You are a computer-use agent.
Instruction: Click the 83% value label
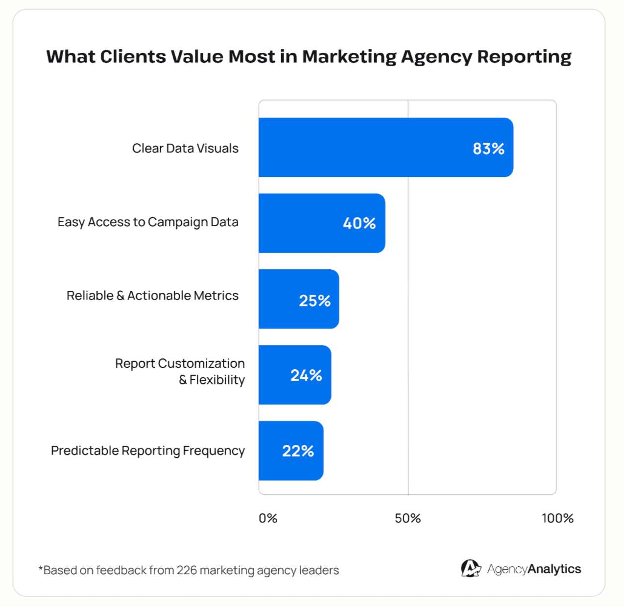[488, 149]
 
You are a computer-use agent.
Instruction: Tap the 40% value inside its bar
[359, 224]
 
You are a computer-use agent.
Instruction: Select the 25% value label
[314, 301]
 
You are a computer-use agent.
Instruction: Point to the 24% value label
[306, 376]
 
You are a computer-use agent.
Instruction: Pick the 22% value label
[298, 451]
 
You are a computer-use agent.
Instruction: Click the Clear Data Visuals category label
[185, 149]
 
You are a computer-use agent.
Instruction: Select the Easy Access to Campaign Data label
[148, 222]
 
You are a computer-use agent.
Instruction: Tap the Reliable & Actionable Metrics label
[152, 296]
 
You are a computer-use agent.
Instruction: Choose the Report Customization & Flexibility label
[180, 371]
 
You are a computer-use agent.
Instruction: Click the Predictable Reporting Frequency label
[148, 451]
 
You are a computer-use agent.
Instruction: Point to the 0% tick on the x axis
[268, 518]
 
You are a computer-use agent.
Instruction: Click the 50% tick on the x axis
[408, 518]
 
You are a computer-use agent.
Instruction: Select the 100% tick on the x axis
[557, 518]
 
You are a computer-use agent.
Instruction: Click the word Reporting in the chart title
[524, 57]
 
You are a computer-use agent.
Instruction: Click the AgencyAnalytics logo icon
[471, 569]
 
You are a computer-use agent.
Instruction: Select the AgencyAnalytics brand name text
[534, 569]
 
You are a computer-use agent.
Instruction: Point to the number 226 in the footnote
[187, 570]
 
